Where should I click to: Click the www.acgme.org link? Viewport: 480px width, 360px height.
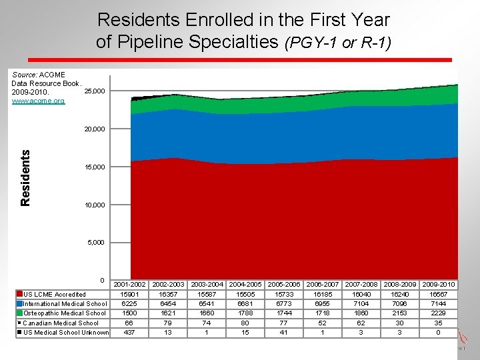click(x=38, y=101)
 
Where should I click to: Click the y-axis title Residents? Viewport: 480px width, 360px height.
click(x=25, y=177)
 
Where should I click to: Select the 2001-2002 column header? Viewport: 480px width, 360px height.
click(x=129, y=285)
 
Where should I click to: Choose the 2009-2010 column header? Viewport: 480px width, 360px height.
click(x=438, y=285)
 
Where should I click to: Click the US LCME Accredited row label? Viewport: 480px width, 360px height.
click(x=55, y=295)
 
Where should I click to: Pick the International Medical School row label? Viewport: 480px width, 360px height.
click(x=65, y=304)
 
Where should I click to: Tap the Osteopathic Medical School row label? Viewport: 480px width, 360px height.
click(x=65, y=313)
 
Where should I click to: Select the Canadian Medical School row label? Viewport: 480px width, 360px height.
click(x=61, y=323)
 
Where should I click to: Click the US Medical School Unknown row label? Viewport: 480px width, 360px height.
click(x=66, y=333)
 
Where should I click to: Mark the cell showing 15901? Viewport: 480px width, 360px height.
click(x=129, y=295)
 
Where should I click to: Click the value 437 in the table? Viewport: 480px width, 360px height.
click(x=129, y=333)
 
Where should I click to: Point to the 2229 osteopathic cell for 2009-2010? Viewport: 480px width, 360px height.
click(x=438, y=313)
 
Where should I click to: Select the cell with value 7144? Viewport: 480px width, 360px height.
click(x=438, y=304)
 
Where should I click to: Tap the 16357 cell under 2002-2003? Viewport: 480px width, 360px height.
click(x=168, y=295)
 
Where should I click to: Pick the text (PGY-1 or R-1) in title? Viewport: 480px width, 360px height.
click(x=338, y=43)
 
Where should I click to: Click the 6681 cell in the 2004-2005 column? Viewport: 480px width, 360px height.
click(x=245, y=304)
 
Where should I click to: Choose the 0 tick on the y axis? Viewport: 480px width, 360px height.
click(x=102, y=280)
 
